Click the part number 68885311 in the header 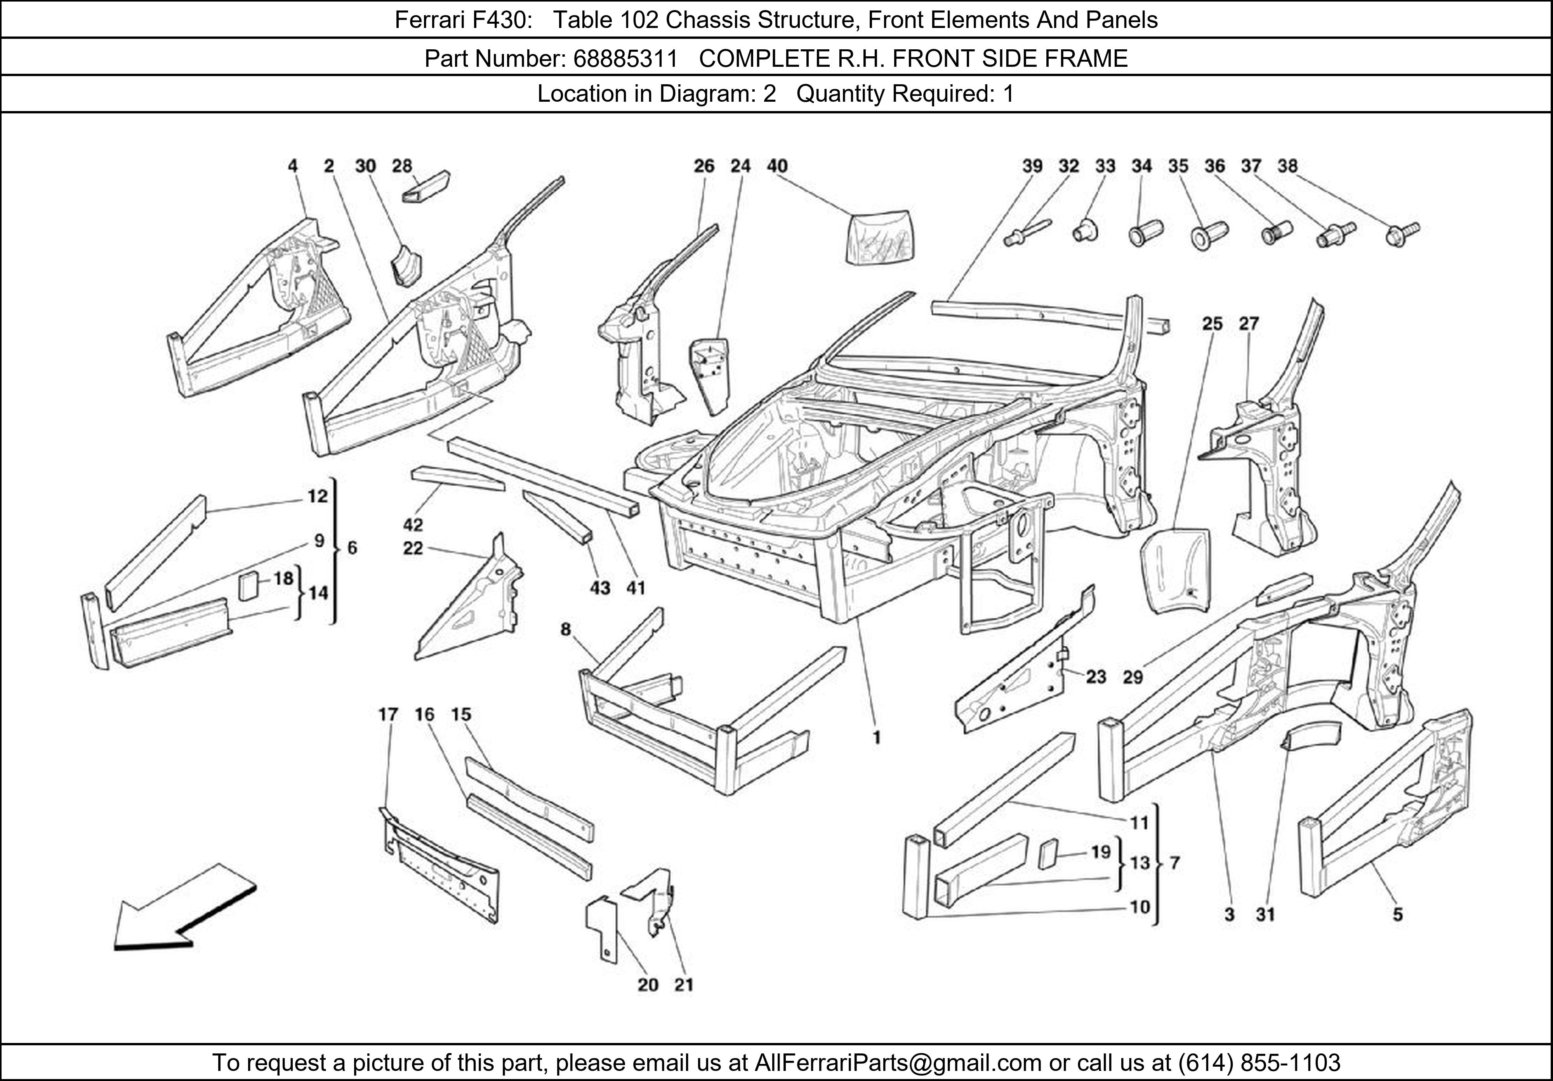pyautogui.click(x=625, y=59)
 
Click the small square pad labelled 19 pyautogui.click(x=1048, y=854)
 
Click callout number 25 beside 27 pyautogui.click(x=1212, y=324)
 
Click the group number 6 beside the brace pyautogui.click(x=352, y=548)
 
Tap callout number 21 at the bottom pyautogui.click(x=684, y=985)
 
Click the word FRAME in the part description pyautogui.click(x=1086, y=59)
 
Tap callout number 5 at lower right pyautogui.click(x=1397, y=914)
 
